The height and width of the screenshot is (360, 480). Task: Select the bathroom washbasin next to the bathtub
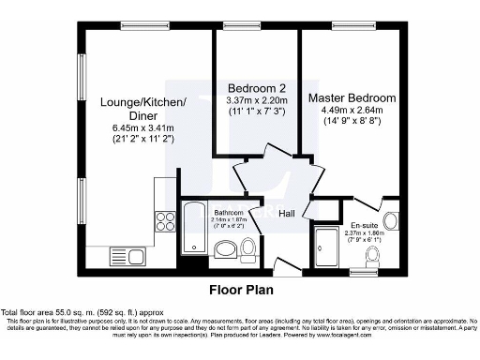[225, 249]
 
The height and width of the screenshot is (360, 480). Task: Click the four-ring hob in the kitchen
[166, 223]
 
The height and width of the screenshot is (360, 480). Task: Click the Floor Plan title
[240, 290]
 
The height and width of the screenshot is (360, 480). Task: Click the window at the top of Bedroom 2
[256, 24]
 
